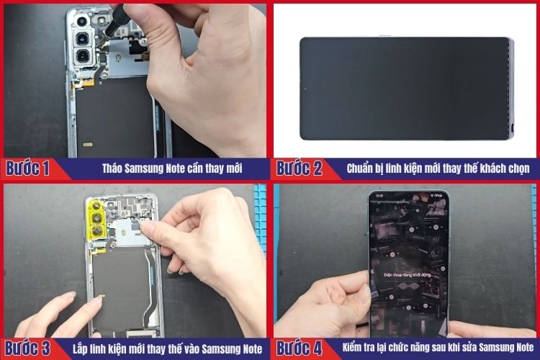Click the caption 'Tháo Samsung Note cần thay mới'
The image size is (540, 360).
coord(171,169)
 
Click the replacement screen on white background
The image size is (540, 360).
coord(405,88)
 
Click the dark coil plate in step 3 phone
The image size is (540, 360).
coord(120,274)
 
